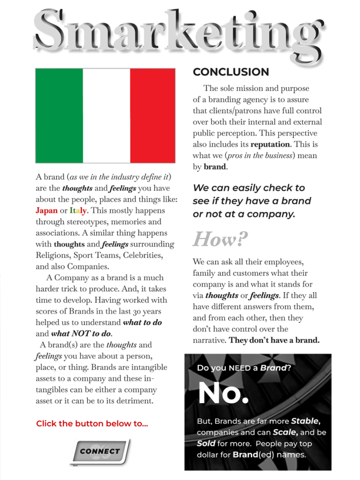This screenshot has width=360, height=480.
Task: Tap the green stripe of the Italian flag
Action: [59, 115]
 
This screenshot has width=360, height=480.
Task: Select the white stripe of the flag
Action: [106, 115]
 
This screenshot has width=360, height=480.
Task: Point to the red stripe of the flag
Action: [152, 115]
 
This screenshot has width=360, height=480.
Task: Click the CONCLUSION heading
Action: [231, 72]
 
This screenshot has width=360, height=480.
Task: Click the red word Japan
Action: [46, 210]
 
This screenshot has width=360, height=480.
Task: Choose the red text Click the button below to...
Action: [92, 424]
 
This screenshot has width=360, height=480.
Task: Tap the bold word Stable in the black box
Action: [305, 421]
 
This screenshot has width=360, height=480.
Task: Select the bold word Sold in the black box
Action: [206, 443]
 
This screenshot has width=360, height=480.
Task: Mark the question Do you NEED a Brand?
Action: [244, 368]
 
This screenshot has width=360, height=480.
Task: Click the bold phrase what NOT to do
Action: [81, 334]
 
